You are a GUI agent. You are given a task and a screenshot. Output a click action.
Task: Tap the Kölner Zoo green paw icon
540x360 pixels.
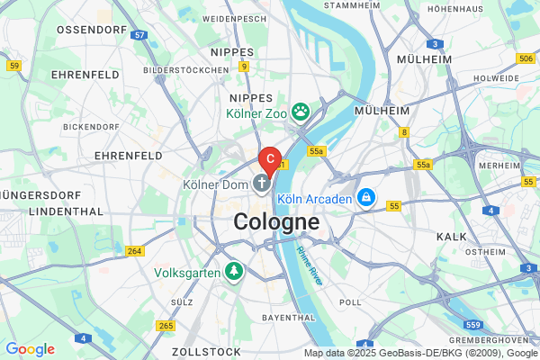(x=300, y=112)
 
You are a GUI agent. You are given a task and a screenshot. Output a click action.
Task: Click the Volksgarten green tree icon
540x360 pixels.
(x=234, y=270)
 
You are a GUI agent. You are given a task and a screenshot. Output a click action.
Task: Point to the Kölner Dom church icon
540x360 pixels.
(x=262, y=184)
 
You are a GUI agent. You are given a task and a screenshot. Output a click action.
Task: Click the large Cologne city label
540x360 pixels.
(x=276, y=221)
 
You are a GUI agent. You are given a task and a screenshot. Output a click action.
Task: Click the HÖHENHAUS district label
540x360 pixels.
(x=456, y=8)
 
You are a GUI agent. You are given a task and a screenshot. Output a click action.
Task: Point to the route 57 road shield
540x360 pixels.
(x=139, y=35)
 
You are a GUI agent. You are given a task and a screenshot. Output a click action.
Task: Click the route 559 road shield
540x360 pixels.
(x=474, y=324)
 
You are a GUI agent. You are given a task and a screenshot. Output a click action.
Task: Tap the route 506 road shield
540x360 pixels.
(x=526, y=58)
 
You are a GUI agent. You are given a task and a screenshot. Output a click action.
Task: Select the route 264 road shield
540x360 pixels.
(x=135, y=251)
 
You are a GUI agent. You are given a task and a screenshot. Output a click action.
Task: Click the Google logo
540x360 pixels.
(x=30, y=349)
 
